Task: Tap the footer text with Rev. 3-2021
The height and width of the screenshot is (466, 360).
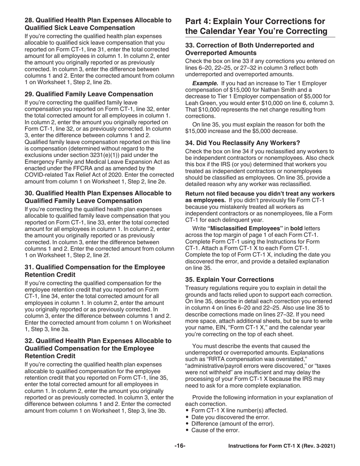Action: [x=282, y=446]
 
